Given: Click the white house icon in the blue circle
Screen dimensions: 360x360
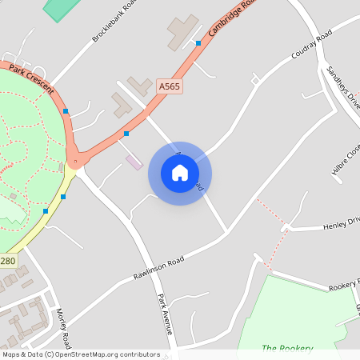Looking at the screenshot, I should click(x=179, y=173).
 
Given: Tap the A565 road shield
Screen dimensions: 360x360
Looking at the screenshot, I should click(x=170, y=86).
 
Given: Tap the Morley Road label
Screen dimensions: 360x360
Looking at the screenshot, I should click(x=63, y=327).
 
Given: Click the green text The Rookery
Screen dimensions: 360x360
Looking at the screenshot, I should click(x=287, y=348).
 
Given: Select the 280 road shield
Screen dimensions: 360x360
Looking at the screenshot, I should click(x=8, y=261).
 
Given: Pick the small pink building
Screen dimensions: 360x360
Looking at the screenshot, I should click(x=134, y=162).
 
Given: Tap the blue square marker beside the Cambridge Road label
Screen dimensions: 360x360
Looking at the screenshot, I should click(x=198, y=43).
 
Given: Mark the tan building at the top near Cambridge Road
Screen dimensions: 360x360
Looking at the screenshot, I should click(x=182, y=30).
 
